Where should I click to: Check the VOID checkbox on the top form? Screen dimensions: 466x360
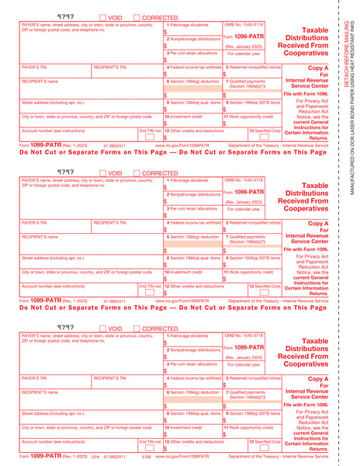[x=103, y=17]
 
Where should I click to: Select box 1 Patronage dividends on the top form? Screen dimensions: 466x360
[x=192, y=30]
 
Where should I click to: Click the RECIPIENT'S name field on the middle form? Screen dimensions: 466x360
[x=89, y=243]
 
